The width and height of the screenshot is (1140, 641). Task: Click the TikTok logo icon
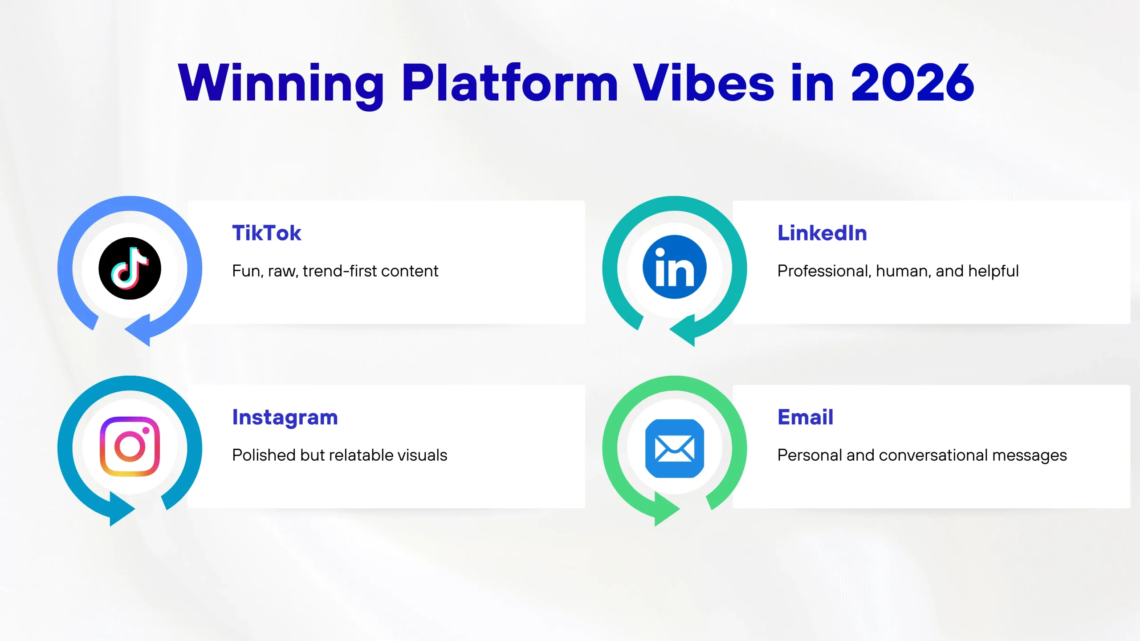coord(130,268)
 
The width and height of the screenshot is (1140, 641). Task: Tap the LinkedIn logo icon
coord(675,267)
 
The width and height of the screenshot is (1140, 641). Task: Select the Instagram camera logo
coord(130,446)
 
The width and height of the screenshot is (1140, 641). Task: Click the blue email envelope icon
coord(675,449)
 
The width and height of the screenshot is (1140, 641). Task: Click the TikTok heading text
coord(267,233)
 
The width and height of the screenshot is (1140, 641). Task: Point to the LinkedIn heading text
coord(822,233)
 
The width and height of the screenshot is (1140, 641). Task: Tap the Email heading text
coord(805,418)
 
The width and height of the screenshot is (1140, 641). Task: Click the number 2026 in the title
coord(912,83)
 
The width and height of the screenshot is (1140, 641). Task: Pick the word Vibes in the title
coord(704,83)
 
